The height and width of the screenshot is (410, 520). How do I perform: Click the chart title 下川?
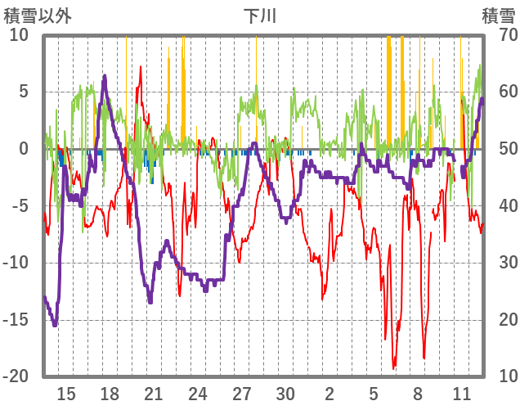click(260, 16)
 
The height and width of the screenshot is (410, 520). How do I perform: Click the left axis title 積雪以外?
click(38, 16)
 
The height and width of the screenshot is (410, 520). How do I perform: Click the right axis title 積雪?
click(498, 16)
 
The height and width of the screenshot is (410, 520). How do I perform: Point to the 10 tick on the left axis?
click(19, 35)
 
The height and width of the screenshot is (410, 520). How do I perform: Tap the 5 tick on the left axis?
click(24, 92)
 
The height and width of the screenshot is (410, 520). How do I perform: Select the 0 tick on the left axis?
click(24, 149)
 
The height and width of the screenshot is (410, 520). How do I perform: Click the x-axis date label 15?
click(66, 393)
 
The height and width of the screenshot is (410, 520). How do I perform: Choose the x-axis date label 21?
click(154, 393)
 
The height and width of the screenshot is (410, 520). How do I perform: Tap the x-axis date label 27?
click(242, 393)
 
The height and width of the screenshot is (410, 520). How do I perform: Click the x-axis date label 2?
click(329, 393)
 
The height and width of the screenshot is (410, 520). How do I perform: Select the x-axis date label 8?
click(418, 393)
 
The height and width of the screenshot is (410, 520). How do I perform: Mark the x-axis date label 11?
click(462, 393)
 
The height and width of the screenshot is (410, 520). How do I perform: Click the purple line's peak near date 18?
click(105, 76)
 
